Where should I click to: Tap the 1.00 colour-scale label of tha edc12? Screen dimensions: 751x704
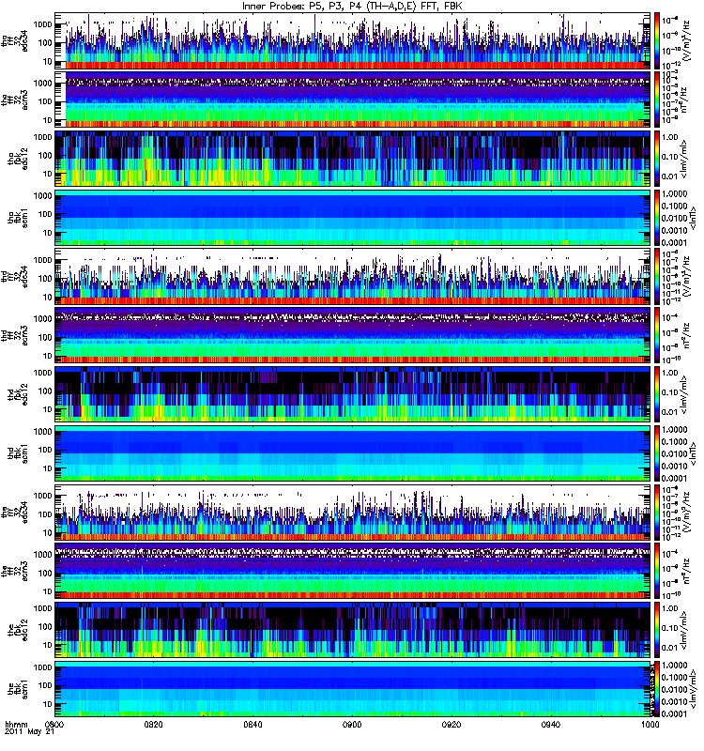point(673,136)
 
